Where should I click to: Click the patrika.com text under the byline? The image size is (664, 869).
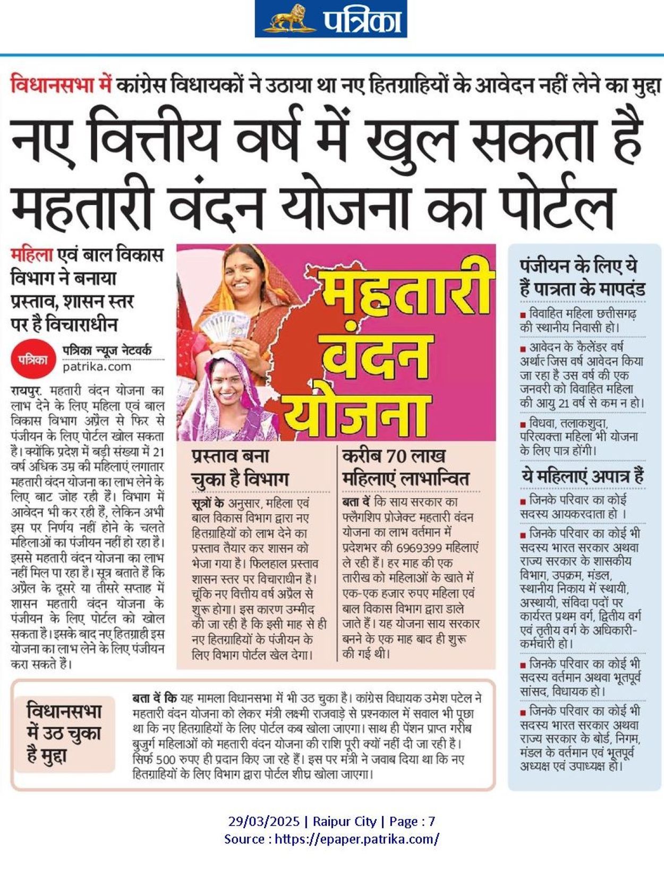pos(97,367)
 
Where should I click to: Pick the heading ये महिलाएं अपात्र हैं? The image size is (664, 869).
pos(582,476)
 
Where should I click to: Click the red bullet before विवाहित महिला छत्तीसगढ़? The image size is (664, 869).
pos(523,315)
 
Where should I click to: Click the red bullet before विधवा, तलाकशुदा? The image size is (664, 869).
pos(523,424)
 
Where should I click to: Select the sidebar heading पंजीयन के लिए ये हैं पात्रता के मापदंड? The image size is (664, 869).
pos(582,277)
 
